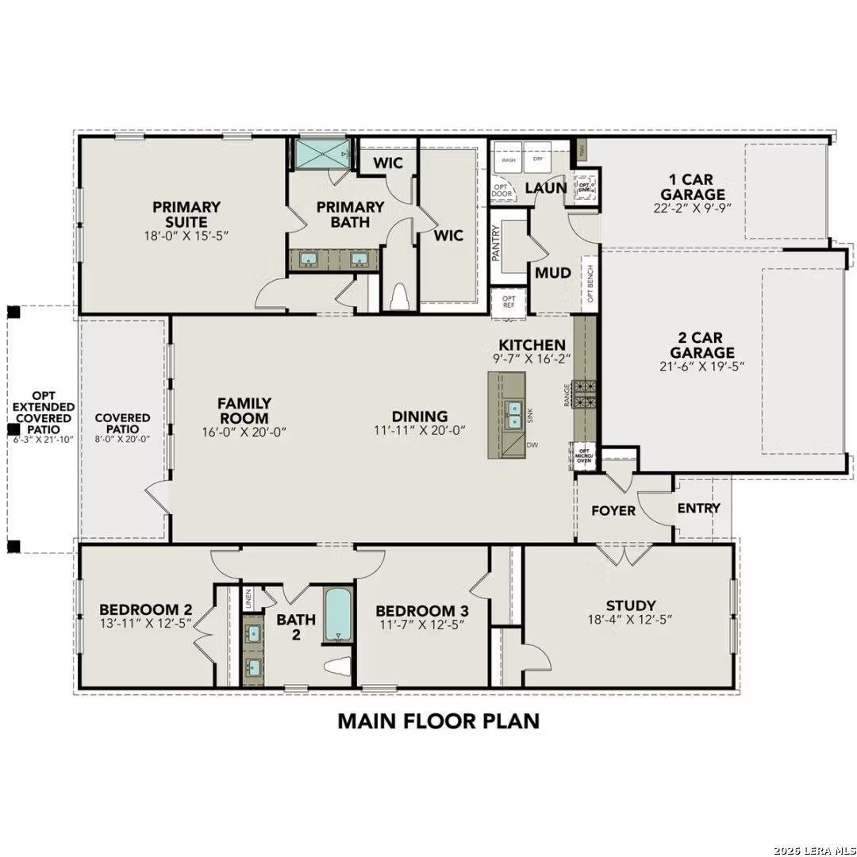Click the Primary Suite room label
187,214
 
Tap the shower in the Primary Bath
321,153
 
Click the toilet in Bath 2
339,667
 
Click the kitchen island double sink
514,414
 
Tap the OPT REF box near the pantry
509,302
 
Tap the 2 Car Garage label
701,345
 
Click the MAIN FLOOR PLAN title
438,721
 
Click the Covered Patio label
122,423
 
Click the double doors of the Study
627,554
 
